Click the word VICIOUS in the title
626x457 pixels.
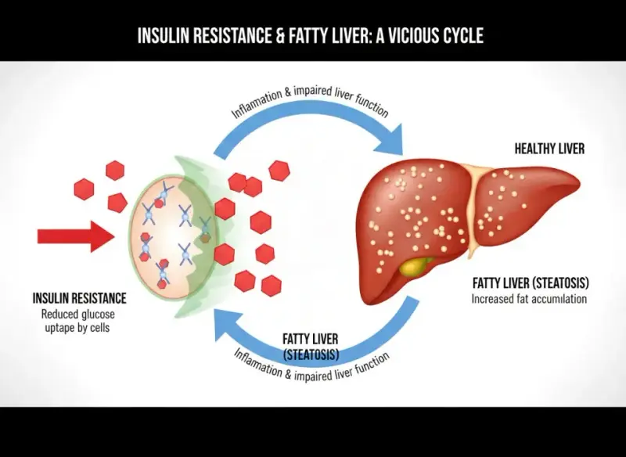pos(406,35)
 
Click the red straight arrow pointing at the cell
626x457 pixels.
pos(76,236)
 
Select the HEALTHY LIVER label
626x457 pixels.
pos(549,149)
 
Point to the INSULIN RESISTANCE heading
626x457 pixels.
pos(80,298)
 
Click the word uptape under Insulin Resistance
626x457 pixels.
pos(60,328)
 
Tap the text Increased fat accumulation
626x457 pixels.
pos(529,299)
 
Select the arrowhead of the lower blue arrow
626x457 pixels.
pos(226,325)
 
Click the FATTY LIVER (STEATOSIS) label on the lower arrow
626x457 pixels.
pos(311,347)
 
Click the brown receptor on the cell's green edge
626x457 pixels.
pos(205,238)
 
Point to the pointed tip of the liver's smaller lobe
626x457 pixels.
pos(579,184)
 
